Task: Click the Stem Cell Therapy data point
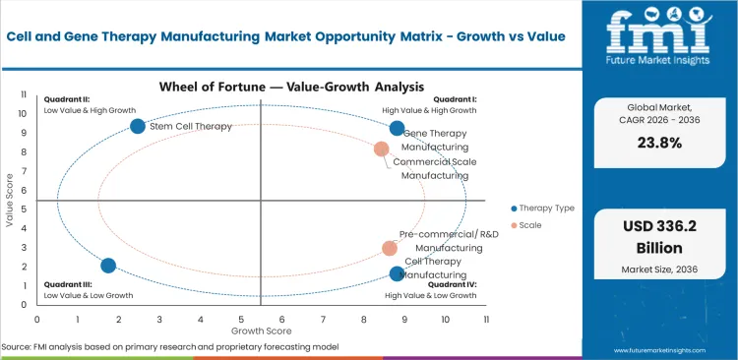[138, 126]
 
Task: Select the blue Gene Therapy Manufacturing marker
[397, 128]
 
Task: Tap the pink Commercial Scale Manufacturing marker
[381, 150]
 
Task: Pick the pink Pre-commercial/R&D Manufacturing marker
[390, 249]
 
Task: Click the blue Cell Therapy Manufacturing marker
[397, 273]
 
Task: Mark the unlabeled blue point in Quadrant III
[108, 266]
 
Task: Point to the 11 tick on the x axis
[486, 319]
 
